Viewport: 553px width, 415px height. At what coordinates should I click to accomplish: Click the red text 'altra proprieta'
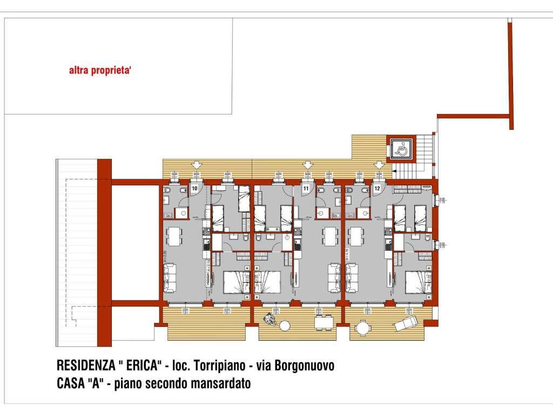(100, 70)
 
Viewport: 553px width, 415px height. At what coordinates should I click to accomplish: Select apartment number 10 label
(194, 189)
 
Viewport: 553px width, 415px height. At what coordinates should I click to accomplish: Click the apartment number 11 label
(306, 189)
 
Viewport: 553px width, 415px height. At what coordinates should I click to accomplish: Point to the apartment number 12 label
(377, 189)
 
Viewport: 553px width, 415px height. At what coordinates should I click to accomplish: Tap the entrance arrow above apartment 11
(308, 165)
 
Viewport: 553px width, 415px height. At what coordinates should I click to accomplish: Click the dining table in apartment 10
(174, 236)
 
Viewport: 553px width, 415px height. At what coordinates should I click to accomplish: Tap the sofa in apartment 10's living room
(170, 276)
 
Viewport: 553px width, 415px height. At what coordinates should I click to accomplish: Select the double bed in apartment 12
(417, 282)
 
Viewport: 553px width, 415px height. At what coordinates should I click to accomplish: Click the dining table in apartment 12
(356, 236)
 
